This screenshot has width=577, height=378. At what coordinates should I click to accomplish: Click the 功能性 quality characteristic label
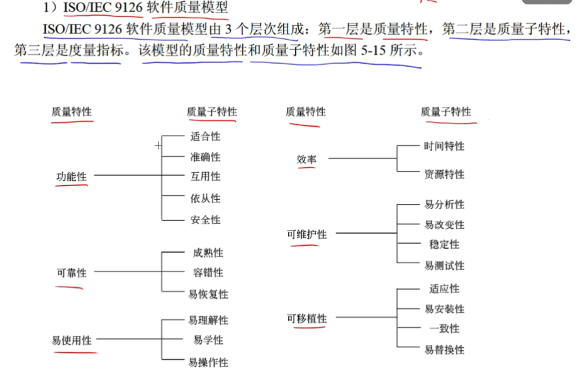click(71, 177)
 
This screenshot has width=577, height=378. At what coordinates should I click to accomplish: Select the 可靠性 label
click(71, 273)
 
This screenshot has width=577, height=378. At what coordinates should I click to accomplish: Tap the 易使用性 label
click(71, 340)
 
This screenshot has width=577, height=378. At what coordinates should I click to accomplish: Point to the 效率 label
click(306, 159)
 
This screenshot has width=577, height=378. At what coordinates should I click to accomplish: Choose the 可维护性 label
click(307, 234)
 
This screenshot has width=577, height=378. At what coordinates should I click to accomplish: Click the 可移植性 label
click(307, 319)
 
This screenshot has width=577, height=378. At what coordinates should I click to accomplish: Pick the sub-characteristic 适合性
click(205, 137)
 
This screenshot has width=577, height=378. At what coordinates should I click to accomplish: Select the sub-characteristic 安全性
click(205, 220)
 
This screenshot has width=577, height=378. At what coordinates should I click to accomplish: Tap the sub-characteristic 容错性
click(208, 273)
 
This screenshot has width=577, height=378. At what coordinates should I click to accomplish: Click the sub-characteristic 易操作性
click(208, 362)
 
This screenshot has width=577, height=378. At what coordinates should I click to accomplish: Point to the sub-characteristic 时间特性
click(444, 146)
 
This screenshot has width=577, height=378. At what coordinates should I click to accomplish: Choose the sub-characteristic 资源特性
click(444, 175)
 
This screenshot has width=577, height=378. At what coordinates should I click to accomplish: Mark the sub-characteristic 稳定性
click(444, 244)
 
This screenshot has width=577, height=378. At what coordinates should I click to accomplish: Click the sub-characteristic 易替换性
click(444, 350)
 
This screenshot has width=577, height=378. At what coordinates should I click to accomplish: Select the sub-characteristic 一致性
click(444, 329)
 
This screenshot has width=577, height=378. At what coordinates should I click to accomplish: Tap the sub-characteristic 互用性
click(205, 176)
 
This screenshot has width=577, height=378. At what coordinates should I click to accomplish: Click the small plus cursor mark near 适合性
click(158, 146)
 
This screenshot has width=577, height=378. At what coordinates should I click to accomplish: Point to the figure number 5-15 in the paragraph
click(373, 50)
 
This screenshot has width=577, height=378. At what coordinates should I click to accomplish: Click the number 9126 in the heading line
click(129, 7)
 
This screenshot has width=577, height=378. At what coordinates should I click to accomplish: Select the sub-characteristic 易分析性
click(444, 205)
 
